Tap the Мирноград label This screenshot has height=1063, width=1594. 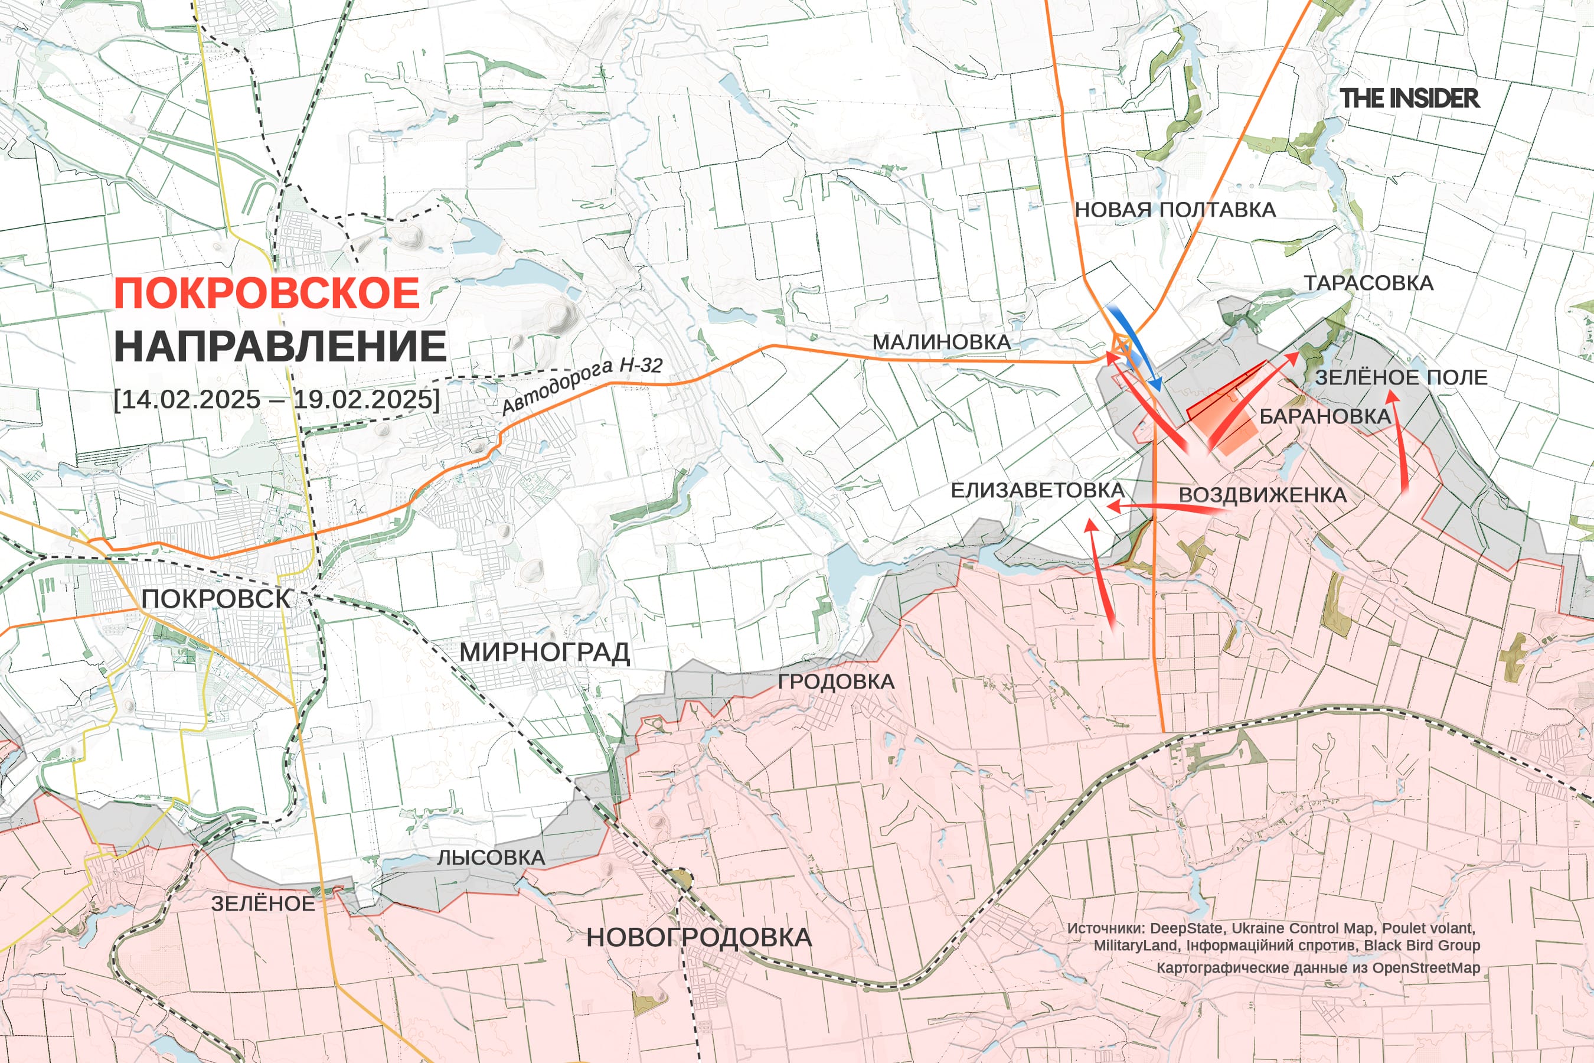[545, 652]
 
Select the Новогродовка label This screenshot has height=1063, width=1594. [699, 938]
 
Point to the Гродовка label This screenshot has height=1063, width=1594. [835, 682]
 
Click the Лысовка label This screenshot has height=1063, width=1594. [491, 857]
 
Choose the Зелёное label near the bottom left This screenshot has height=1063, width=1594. [263, 904]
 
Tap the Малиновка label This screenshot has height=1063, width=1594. [942, 342]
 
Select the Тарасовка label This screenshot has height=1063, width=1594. [1368, 283]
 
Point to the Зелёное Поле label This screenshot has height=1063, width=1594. [1401, 377]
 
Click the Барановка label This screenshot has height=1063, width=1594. [1325, 416]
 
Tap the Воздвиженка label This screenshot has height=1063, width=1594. [1263, 495]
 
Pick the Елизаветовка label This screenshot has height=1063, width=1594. [1037, 490]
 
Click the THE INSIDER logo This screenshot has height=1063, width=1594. [1409, 98]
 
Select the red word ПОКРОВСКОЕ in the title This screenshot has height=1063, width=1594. [267, 293]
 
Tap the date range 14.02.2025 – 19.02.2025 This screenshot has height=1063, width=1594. [276, 399]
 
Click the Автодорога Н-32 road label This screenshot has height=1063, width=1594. [582, 384]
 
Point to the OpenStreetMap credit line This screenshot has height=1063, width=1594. [1318, 967]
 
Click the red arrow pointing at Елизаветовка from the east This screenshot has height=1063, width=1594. [1165, 508]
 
